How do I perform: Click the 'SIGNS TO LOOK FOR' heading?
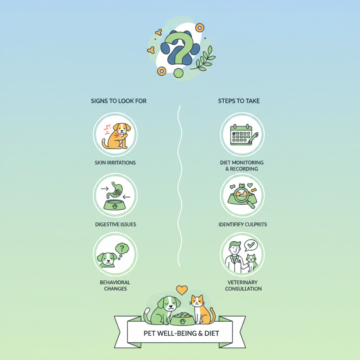click(x=118, y=101)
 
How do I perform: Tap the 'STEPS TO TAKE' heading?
click(x=239, y=101)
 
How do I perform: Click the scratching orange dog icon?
click(x=117, y=136)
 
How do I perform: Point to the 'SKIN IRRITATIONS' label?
click(x=115, y=163)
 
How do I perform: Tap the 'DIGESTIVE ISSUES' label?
click(x=116, y=225)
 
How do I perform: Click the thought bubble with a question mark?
click(x=122, y=249)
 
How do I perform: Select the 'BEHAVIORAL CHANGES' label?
click(x=115, y=285)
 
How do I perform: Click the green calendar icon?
click(x=241, y=135)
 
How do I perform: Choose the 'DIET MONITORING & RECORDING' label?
click(x=242, y=166)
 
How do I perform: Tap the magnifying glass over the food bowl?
click(x=243, y=196)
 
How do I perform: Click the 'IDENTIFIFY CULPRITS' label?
click(x=243, y=225)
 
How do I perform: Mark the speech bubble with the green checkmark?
click(x=251, y=245)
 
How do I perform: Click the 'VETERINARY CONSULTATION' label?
click(x=243, y=285)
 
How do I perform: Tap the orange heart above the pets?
click(x=182, y=290)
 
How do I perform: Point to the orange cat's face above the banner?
click(x=198, y=301)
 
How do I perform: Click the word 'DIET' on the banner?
click(x=211, y=333)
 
